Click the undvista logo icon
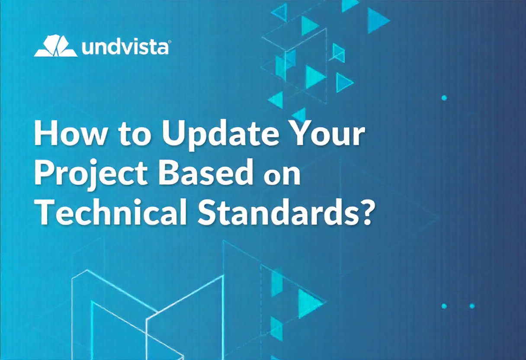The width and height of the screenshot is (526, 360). point(56,46)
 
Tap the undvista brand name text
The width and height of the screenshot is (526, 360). point(125,48)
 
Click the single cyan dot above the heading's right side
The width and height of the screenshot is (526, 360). point(444,98)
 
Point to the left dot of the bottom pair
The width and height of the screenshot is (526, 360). point(444,306)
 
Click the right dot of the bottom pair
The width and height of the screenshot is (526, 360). point(472,306)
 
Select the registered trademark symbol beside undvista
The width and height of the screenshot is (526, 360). point(170,42)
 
